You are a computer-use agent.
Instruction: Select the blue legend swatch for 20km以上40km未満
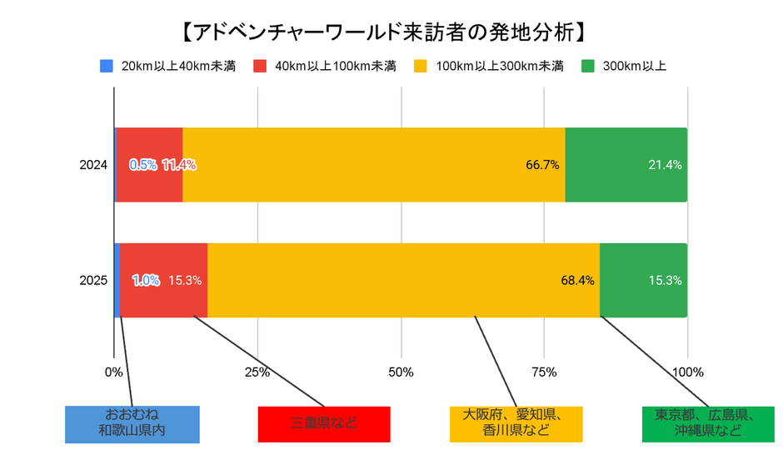coord(106,66)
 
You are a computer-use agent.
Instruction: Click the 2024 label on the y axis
coord(94,165)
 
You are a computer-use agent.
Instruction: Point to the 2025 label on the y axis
coord(94,281)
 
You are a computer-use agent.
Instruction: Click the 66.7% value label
coord(542,165)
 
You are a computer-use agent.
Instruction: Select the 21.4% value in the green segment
coord(665,165)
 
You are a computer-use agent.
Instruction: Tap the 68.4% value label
coord(577,281)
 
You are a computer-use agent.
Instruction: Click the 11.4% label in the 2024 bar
coord(178,165)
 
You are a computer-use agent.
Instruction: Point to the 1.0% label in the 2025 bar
coord(146,281)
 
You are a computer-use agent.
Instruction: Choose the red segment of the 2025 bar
coord(163,300)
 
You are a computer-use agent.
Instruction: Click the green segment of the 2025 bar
coord(643,300)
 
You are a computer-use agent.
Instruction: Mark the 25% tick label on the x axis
coord(257,372)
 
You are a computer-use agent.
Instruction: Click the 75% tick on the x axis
coord(544,372)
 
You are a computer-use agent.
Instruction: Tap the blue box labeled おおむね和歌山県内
coord(132,423)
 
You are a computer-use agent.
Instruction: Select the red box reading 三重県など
coord(324,423)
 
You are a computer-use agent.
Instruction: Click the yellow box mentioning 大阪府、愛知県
coord(516,423)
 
